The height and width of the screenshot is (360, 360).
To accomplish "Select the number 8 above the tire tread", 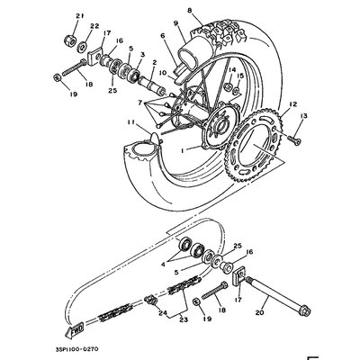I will click(189, 10).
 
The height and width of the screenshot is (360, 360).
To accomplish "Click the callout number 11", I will click(132, 122).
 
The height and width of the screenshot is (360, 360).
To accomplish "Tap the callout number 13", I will click(302, 117).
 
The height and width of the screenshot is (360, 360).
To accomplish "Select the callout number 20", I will click(260, 314).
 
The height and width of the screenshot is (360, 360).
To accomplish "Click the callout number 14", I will click(231, 69).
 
